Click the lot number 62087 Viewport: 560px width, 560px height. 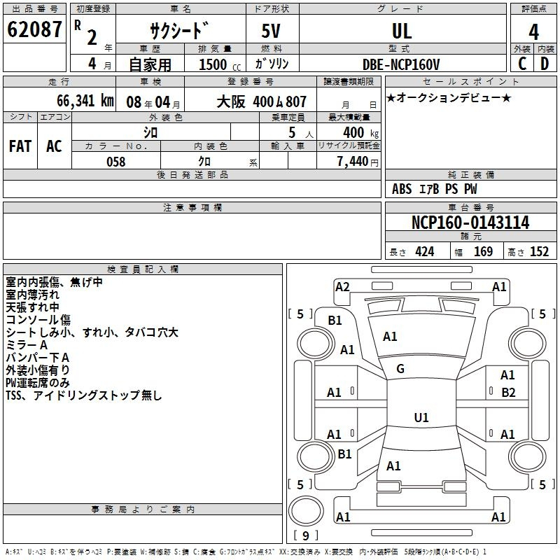click(34, 29)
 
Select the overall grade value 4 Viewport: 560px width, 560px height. click(533, 32)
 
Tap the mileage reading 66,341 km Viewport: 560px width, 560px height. click(85, 101)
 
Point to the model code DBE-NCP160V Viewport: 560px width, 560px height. click(401, 64)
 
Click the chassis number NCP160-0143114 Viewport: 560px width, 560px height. click(470, 223)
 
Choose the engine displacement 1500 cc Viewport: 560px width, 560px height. click(220, 64)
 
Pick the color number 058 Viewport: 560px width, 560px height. click(116, 162)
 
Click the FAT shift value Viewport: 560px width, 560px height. click(20, 146)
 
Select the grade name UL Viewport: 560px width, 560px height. click(402, 31)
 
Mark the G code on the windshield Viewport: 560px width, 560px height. click(400, 369)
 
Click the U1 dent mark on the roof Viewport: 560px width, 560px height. click(421, 417)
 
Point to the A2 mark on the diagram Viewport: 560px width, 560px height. click(342, 287)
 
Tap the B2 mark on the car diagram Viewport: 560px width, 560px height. click(508, 393)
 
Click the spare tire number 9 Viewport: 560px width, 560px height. click(306, 535)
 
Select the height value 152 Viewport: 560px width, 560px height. click(539, 251)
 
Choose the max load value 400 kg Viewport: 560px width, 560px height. click(360, 133)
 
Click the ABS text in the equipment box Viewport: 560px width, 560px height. click(402, 189)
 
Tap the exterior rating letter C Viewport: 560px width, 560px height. click(522, 64)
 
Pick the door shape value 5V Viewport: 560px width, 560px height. click(271, 31)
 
